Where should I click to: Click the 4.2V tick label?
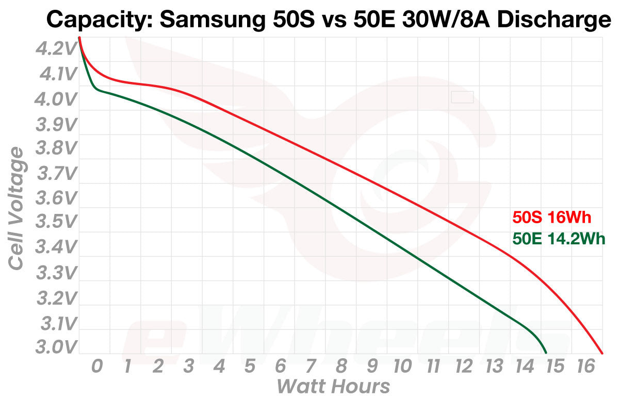tap(56, 49)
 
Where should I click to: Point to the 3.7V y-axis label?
tap(56, 174)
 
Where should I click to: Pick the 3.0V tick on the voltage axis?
tap(56, 347)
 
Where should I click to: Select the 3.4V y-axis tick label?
tap(56, 248)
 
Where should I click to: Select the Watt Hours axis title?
tap(333, 386)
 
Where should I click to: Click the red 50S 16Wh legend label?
tap(551, 218)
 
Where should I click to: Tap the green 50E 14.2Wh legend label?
tap(558, 239)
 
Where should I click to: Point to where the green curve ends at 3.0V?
tap(546, 353)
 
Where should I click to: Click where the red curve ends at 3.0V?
tap(602, 353)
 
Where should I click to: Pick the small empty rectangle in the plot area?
tap(462, 96)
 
